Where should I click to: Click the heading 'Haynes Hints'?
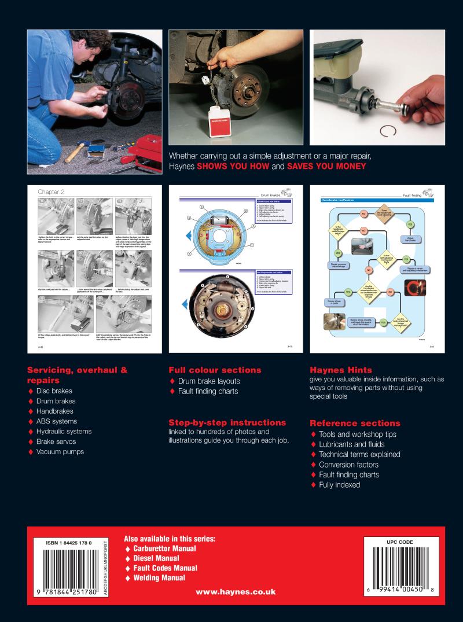[341, 370]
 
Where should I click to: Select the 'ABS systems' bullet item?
[56, 421]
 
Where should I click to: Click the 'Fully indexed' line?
[339, 485]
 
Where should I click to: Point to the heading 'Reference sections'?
[355, 423]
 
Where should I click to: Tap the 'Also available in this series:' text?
[170, 538]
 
